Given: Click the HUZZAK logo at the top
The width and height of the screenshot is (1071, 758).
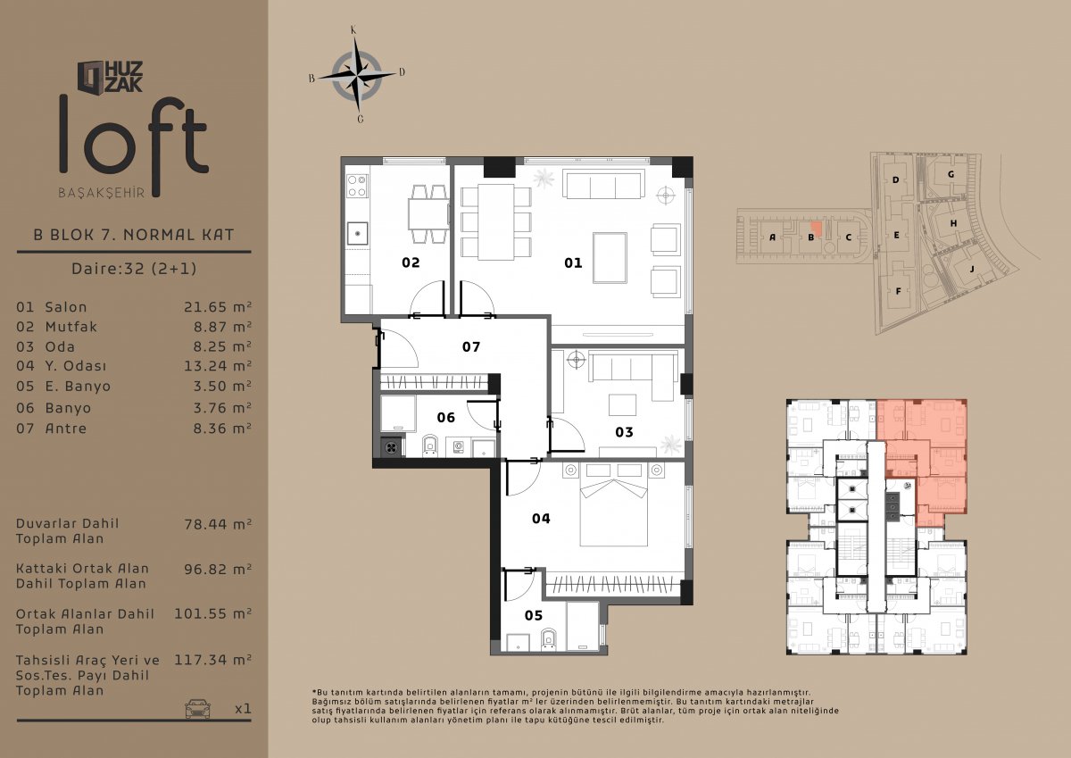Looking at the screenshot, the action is [x=110, y=77].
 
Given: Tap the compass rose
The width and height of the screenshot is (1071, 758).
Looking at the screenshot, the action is [x=357, y=76].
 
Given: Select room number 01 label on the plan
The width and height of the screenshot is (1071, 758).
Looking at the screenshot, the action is [x=573, y=262].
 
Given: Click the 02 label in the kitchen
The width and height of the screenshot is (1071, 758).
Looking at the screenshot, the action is [x=411, y=262].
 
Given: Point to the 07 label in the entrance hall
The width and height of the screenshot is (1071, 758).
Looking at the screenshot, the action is [x=471, y=346].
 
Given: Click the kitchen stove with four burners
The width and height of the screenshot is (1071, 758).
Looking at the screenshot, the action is [x=358, y=186].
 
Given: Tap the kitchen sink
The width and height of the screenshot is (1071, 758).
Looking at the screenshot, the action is [x=357, y=233].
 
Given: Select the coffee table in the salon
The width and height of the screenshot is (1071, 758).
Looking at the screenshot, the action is [x=610, y=258].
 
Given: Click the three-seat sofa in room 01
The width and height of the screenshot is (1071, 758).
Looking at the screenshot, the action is [x=602, y=184].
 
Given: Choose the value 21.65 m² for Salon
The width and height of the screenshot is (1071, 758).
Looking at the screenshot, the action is [x=218, y=306].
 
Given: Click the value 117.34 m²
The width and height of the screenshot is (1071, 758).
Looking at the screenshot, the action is [x=212, y=660].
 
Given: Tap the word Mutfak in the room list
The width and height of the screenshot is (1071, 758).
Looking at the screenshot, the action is [x=71, y=327].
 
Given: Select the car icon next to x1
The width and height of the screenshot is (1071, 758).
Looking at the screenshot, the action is [x=197, y=708].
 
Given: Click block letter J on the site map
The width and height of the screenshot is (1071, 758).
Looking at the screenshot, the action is [x=972, y=270].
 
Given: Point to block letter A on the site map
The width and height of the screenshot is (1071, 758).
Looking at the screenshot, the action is [x=772, y=237].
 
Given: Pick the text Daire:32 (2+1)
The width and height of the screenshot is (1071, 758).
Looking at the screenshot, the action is [x=134, y=269].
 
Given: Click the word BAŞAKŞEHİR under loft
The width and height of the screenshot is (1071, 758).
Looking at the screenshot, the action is [x=102, y=193].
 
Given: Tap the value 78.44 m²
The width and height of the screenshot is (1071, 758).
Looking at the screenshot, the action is [x=218, y=524].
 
